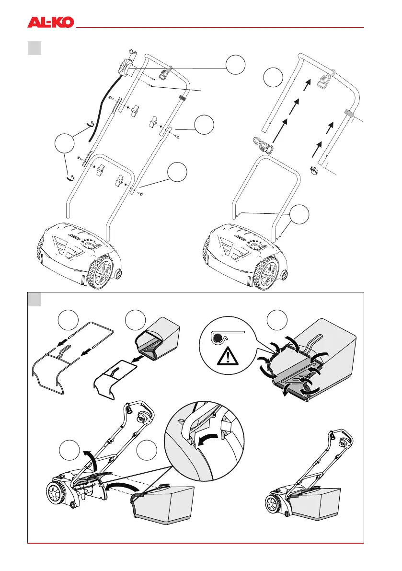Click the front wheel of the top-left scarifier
pyautogui.click(x=103, y=274)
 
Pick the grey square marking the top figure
pyautogui.click(x=34, y=48)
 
